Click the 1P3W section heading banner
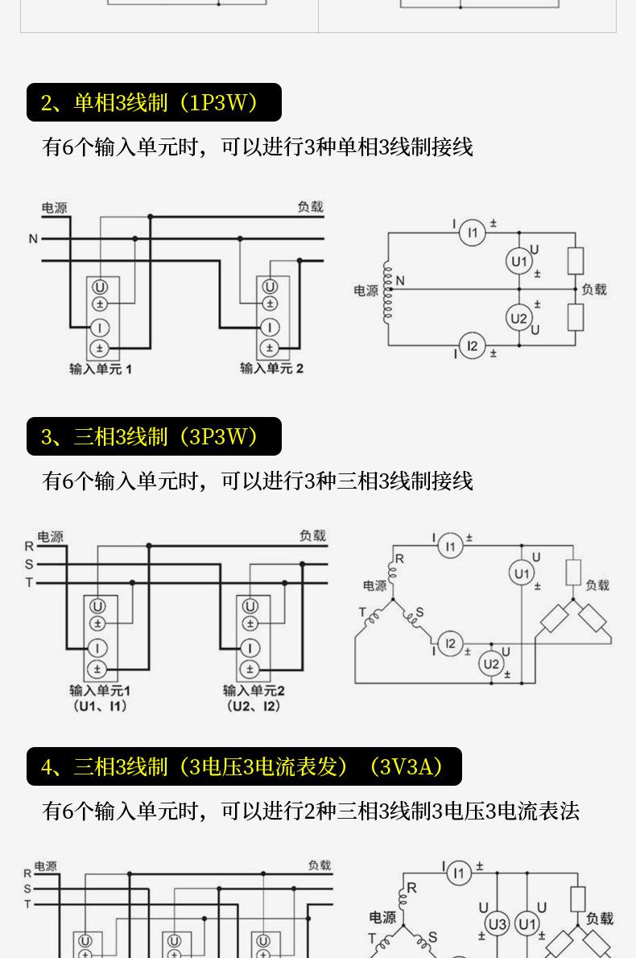(154, 102)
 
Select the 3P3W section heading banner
(154, 436)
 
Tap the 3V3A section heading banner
(244, 766)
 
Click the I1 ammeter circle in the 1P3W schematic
(473, 233)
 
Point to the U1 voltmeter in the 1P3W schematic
(519, 262)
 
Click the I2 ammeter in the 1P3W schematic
(473, 346)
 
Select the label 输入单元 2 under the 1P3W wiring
(271, 369)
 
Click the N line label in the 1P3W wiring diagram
(33, 239)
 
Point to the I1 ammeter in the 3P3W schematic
(450, 547)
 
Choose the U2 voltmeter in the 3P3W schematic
(491, 663)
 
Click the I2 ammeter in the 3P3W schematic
(450, 643)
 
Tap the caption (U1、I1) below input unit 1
(100, 706)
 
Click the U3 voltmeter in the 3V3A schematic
(498, 923)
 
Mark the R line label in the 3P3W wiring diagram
(30, 546)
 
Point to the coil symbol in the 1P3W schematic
(387, 290)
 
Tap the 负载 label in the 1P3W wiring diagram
(310, 207)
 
